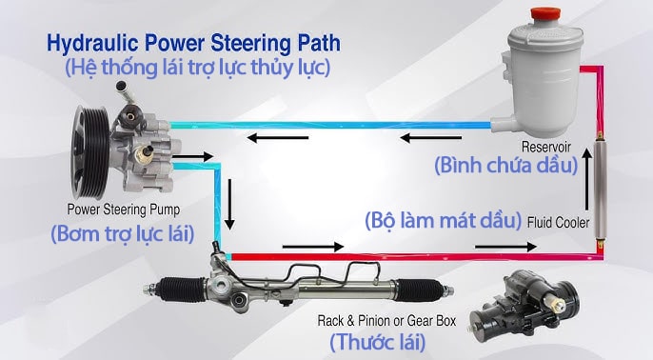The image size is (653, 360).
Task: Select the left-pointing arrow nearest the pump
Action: (266, 139)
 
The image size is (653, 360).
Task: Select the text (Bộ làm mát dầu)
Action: (444, 220)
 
